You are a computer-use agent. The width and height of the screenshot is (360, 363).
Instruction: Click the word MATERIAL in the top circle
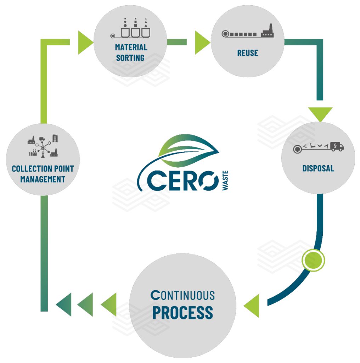(131, 47)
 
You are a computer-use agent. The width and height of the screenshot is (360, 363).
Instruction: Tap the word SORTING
(130, 57)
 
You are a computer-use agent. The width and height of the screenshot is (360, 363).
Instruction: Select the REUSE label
(247, 53)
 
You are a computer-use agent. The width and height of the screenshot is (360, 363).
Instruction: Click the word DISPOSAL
(318, 168)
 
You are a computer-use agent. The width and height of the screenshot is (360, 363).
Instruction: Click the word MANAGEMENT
(43, 179)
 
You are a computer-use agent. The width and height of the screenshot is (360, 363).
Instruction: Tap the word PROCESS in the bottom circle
(182, 312)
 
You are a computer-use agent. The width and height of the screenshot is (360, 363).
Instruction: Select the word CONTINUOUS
(182, 295)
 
